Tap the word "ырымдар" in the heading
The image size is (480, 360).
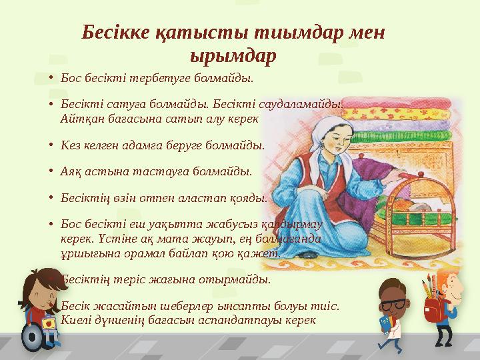point(233,55)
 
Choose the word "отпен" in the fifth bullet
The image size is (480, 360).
point(172,197)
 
